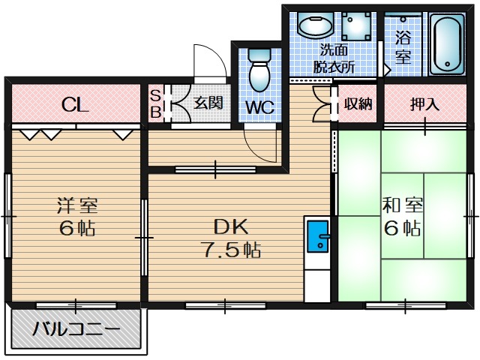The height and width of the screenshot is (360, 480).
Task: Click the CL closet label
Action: (76, 104)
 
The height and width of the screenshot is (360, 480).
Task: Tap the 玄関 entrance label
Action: (208, 103)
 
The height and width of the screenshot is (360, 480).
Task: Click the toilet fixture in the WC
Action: (259, 70)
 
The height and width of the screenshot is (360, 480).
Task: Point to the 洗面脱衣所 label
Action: (334, 58)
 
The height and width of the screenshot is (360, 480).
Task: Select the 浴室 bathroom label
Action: (403, 46)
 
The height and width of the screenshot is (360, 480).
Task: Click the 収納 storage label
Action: (358, 103)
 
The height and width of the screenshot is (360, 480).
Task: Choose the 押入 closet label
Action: (424, 104)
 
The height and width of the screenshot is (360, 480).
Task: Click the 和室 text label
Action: (403, 204)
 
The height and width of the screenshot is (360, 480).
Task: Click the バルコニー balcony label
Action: (76, 329)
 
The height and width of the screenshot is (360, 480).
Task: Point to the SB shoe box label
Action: (155, 104)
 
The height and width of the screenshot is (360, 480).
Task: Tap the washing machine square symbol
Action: (359, 27)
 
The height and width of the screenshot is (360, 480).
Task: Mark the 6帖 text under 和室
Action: (403, 228)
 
